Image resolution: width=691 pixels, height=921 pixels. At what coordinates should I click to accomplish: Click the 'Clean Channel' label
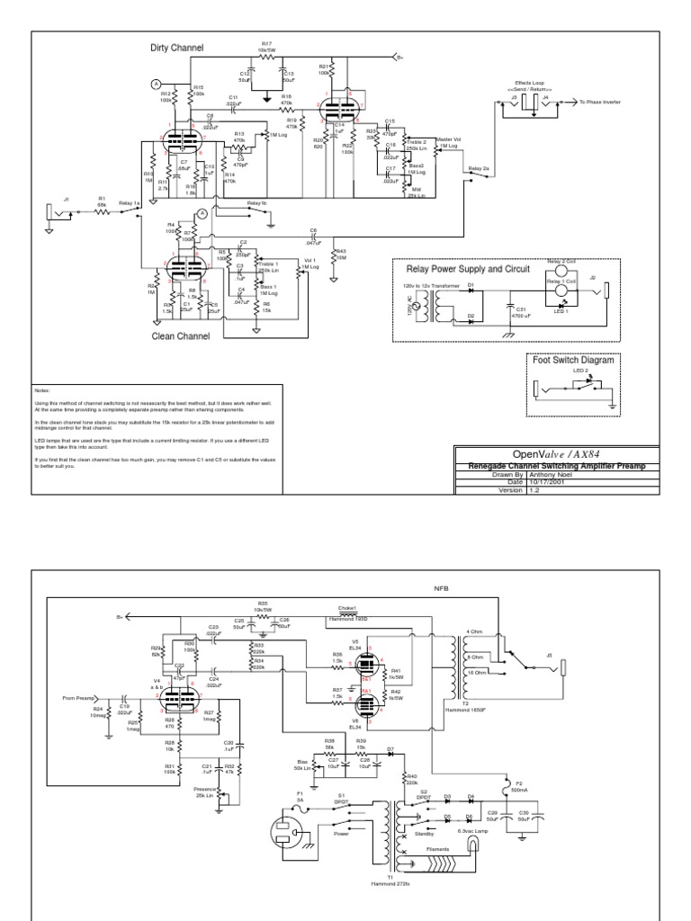pyautogui.click(x=180, y=336)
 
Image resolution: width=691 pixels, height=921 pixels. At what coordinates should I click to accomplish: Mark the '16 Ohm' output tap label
pyautogui.click(x=477, y=672)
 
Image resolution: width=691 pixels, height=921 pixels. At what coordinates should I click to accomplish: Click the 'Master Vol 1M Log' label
pyautogui.click(x=447, y=142)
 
